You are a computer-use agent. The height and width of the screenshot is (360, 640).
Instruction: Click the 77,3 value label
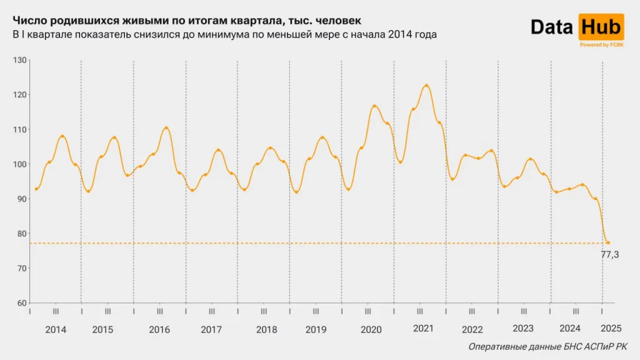[x=610, y=254]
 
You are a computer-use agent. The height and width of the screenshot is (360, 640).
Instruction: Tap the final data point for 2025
[x=608, y=242]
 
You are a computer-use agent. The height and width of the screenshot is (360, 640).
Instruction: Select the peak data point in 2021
[x=426, y=86]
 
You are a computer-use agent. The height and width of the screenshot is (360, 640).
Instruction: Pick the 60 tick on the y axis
[x=22, y=303]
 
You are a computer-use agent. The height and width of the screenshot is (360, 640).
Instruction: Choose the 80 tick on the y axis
[x=22, y=234]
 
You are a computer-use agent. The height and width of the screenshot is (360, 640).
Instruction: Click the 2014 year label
[x=56, y=329]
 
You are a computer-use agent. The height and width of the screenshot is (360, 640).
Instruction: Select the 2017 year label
[x=211, y=329]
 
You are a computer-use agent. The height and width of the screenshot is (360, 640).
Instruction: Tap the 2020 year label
[x=371, y=329]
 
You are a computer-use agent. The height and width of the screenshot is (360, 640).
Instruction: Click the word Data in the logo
[x=552, y=27]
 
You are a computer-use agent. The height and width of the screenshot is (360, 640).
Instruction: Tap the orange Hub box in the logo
[x=601, y=27]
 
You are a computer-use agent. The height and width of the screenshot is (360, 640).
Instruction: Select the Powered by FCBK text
[x=601, y=45]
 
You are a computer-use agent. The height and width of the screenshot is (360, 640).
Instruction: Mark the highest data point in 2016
[x=166, y=128]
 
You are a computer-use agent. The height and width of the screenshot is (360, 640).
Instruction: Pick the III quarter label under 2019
[x=316, y=311]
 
